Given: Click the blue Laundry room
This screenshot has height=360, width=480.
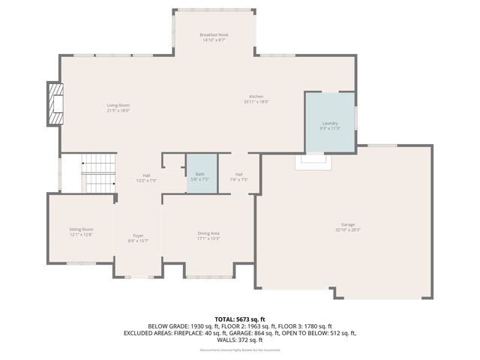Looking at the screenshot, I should pyautogui.click(x=330, y=124).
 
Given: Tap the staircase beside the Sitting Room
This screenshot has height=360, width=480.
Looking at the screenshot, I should pyautogui.click(x=98, y=173).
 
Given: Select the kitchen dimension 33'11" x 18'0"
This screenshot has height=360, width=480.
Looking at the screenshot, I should pyautogui.click(x=256, y=102).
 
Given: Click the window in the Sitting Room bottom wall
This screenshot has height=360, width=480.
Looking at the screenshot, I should pyautogui.click(x=81, y=263).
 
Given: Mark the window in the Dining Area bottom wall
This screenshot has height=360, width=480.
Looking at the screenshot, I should pyautogui.click(x=208, y=277).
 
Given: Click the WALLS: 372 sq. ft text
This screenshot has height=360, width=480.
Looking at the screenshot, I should pyautogui.click(x=240, y=340).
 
